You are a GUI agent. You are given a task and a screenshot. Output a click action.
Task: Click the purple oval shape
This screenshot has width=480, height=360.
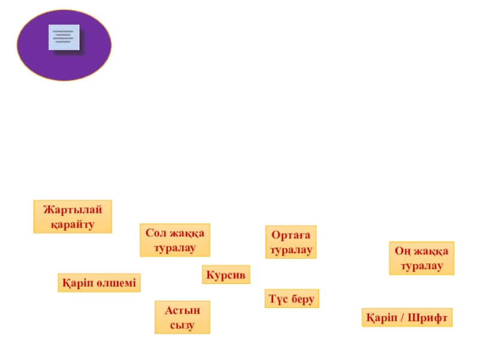tap(64, 45)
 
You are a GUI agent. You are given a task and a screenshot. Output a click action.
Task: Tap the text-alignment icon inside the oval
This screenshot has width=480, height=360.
tap(64, 37)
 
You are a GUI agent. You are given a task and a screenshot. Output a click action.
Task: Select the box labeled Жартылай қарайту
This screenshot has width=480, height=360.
tap(73, 217)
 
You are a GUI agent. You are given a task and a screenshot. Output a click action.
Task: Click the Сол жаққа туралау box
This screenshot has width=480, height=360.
tap(175, 240)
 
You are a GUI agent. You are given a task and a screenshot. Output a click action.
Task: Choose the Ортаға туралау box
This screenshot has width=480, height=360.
tap(291, 242)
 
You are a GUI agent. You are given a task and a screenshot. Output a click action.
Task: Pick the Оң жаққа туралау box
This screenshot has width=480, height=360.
tap(422, 258)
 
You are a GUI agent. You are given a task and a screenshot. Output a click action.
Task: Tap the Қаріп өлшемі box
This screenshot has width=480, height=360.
tap(99, 283)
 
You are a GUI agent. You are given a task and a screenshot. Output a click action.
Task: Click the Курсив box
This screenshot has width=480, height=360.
tap(226, 275)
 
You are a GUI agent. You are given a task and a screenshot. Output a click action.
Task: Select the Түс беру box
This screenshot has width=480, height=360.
tap(292, 298)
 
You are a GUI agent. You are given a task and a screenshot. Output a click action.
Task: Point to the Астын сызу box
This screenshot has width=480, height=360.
tap(182, 317)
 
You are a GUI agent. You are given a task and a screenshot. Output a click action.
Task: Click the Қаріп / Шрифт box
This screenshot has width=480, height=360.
tap(407, 317)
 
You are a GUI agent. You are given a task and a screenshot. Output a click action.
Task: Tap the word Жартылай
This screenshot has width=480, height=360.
tap(73, 209)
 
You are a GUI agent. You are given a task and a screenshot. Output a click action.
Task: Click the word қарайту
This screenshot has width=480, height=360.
tap(73, 224)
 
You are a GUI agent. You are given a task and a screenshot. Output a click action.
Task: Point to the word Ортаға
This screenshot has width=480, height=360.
tap(291, 235)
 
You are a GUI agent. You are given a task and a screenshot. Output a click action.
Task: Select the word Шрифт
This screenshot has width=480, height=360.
tap(427, 318)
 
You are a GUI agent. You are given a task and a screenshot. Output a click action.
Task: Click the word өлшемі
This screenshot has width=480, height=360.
tap(116, 283)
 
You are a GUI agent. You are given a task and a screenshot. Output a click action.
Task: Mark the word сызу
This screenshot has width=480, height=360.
tap(182, 325)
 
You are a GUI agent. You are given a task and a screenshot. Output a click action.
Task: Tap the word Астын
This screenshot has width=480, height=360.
tap(182, 310)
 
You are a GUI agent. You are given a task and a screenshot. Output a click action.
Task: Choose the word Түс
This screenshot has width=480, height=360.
tap(278, 299)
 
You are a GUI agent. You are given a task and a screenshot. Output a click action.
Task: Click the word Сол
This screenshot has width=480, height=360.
tap(155, 233)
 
